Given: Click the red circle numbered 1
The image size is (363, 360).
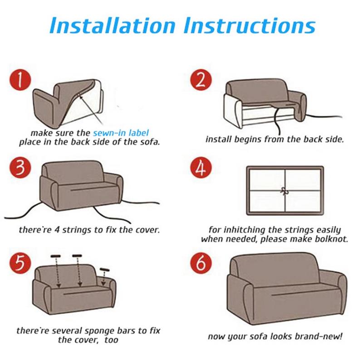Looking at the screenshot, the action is pyautogui.click(x=20, y=80).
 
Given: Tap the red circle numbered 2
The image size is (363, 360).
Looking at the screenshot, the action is pyautogui.click(x=201, y=80).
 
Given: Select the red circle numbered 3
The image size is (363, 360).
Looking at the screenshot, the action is pyautogui.click(x=20, y=168).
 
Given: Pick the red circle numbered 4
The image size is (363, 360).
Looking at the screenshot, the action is pyautogui.click(x=201, y=168).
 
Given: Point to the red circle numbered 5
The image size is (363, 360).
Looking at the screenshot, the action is pyautogui.click(x=20, y=263).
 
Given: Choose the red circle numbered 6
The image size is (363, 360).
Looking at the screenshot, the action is pyautogui.click(x=201, y=263).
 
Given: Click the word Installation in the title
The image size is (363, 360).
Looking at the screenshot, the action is pyautogui.click(x=113, y=25).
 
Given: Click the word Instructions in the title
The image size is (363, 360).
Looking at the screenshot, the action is pyautogui.click(x=250, y=25).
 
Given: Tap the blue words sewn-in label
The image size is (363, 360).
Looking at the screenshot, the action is pyautogui.click(x=121, y=133).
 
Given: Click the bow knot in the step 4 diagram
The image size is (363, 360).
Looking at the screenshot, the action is pyautogui.click(x=284, y=191).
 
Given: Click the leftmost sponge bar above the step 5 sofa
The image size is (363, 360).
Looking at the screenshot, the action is pyautogui.click(x=55, y=256).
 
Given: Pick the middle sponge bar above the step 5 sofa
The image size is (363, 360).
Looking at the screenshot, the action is pyautogui.click(x=77, y=256).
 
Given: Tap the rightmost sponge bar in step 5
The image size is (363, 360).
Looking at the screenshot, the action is pyautogui.click(x=105, y=270).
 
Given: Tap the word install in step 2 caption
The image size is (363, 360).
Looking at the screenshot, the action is pyautogui.click(x=218, y=139).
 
